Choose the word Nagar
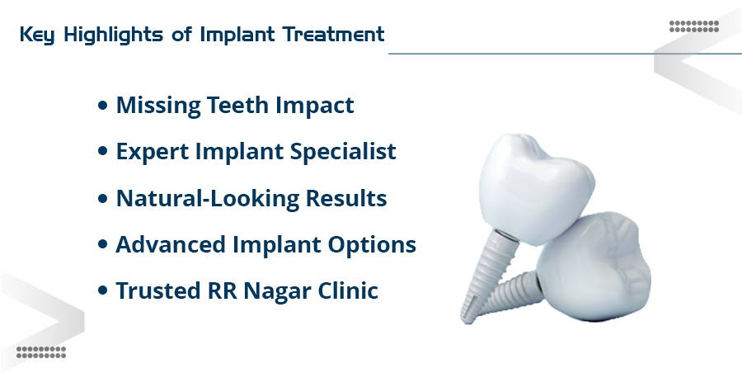(x=279, y=291)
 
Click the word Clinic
(x=350, y=291)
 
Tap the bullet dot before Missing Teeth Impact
(x=102, y=106)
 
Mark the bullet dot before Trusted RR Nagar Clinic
(x=102, y=292)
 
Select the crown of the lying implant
(x=589, y=264)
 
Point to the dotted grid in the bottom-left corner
(x=40, y=352)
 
